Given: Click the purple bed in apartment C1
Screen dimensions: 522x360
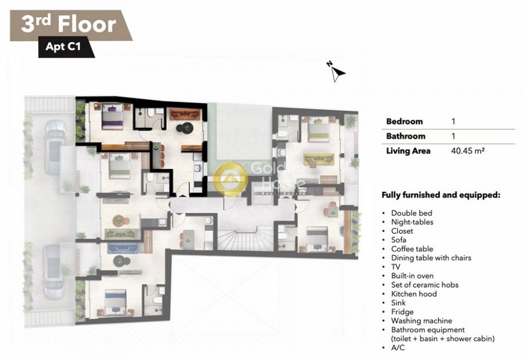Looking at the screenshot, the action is pos(112,116).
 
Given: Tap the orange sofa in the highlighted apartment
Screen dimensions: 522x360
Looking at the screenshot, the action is pos(185,115).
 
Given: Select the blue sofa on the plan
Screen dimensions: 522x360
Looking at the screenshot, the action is pos(123,248).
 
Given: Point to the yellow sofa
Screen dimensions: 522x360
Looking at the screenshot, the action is pos(318,159).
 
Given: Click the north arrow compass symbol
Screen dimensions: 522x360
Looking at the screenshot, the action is pos(336,71).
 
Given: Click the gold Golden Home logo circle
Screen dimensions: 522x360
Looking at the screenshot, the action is pos(230,178).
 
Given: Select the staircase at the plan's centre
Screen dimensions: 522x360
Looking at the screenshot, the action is pos(246,237).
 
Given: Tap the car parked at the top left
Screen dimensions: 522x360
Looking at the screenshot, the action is pos(55,148).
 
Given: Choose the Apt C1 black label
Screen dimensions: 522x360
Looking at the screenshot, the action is pos(63,46).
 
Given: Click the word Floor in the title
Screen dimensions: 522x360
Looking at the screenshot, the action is pos(87,25).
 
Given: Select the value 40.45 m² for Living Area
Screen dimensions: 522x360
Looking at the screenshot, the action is pos(468,151).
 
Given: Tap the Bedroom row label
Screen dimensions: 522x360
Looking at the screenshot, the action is pos(404,122).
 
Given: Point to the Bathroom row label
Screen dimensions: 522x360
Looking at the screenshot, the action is pos(406,136).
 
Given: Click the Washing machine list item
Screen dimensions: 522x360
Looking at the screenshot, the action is pos(421,321).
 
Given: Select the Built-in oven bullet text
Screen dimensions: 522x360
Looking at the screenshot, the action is pos(412,276).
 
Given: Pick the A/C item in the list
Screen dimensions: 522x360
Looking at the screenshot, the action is pos(398,347).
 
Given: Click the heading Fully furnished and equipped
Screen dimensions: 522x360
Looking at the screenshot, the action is pos(441,195).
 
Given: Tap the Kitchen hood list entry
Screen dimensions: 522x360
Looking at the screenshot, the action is pos(414,294).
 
